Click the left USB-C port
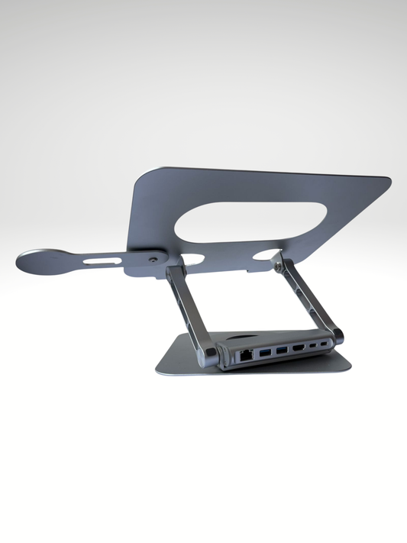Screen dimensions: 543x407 (x=314, y=349)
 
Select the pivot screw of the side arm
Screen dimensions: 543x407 (x=154, y=260)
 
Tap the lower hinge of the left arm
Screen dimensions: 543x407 (x=208, y=353)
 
